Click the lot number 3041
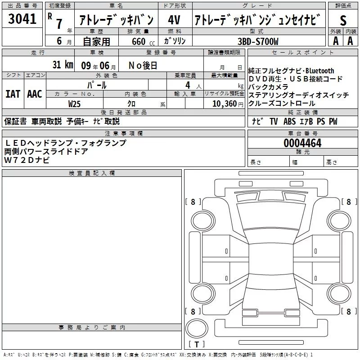tap(22, 19)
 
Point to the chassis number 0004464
tap(302, 144)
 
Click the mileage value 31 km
tap(63, 65)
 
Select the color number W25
tap(74, 103)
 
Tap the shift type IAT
tap(13, 94)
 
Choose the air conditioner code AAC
tap(34, 94)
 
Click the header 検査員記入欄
tap(92, 173)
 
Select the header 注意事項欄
tap(123, 133)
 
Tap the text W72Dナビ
tap(27, 160)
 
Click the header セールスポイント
tap(302, 53)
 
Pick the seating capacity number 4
tap(187, 84)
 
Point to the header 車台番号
tap(302, 133)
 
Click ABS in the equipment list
tap(289, 121)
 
